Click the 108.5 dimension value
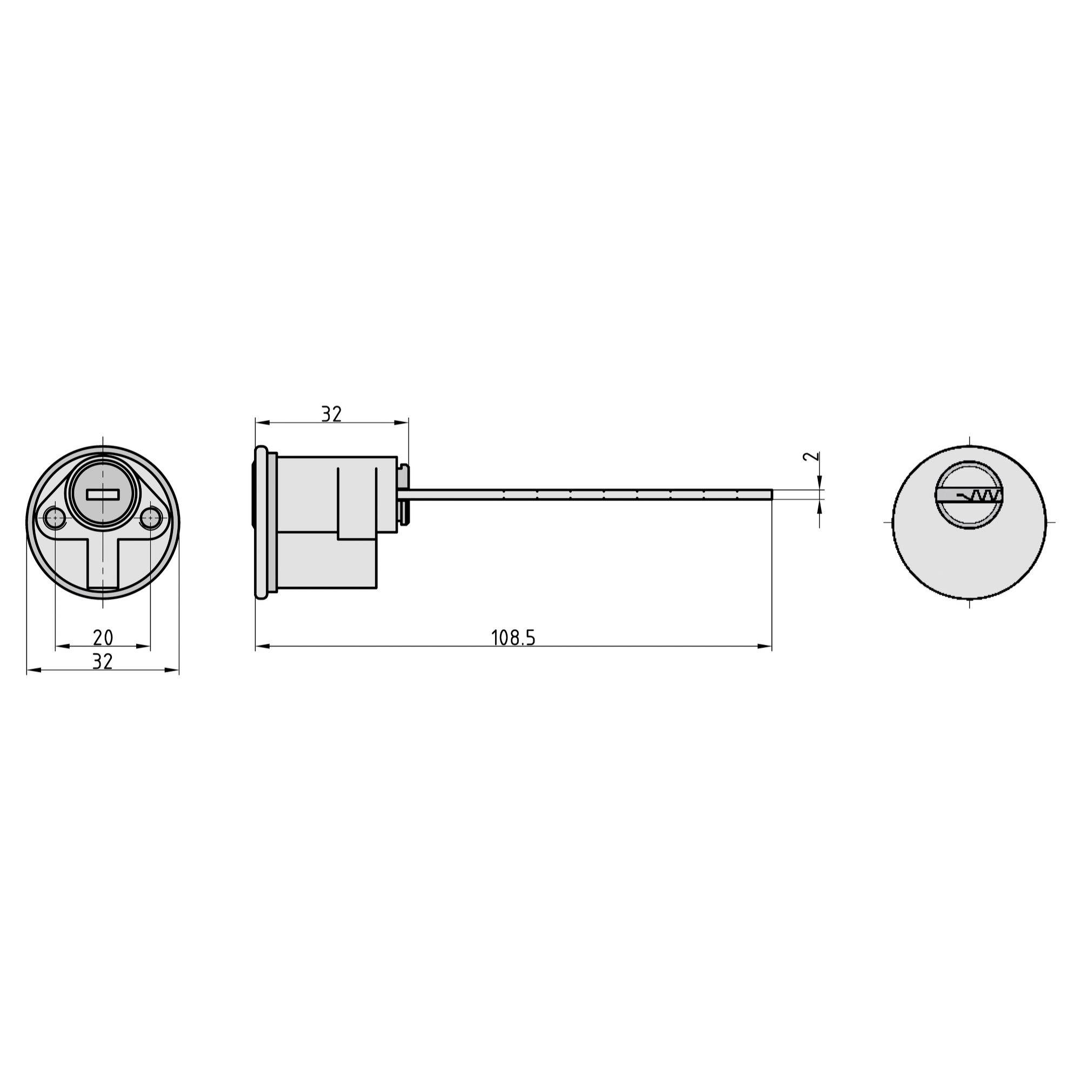pos(513,638)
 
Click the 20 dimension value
pos(103,637)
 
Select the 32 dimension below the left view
pos(102,662)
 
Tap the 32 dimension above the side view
pos(331,414)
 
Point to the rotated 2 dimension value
pos(811,456)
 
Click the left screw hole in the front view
pos(55,518)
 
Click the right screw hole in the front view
pos(150,518)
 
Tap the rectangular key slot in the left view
pos(103,494)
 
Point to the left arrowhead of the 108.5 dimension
pos(262,646)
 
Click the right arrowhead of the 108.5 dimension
pos(765,646)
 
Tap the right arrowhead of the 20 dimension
pos(144,646)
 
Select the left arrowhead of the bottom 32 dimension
pos(34,670)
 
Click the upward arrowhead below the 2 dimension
pos(820,506)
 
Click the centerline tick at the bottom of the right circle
pos(970,603)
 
